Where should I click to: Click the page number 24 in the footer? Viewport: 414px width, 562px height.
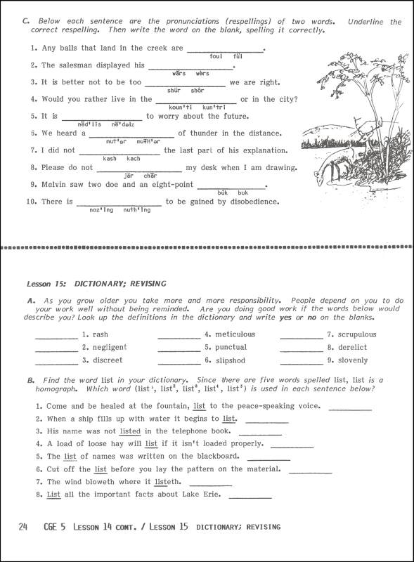tap(23, 527)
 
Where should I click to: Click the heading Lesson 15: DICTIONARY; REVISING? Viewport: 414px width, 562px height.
tap(96, 284)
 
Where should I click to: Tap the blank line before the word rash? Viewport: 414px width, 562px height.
tap(56, 336)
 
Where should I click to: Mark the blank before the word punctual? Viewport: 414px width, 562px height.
tap(179, 348)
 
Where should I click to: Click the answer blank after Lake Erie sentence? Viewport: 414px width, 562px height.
tap(250, 497)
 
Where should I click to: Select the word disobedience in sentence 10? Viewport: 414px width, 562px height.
tap(247, 202)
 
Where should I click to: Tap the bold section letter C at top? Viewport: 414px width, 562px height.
tap(25, 22)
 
